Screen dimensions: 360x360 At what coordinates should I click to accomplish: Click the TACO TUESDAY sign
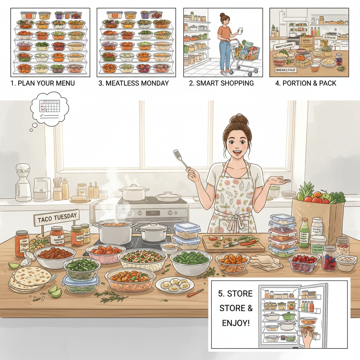[56, 219]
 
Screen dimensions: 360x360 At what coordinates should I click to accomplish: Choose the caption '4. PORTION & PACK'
[306, 83]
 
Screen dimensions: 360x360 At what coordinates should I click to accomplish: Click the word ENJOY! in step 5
[236, 322]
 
